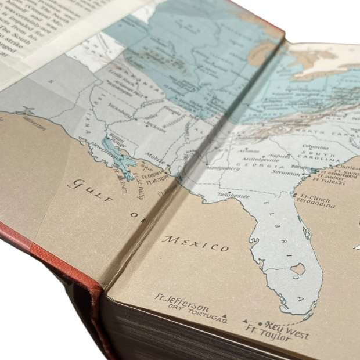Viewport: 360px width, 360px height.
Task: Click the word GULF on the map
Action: [88, 187]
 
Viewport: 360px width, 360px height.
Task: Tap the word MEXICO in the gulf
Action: [196, 243]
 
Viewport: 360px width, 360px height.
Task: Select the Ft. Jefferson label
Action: [181, 300]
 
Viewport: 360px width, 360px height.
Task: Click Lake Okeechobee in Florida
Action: [298, 269]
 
